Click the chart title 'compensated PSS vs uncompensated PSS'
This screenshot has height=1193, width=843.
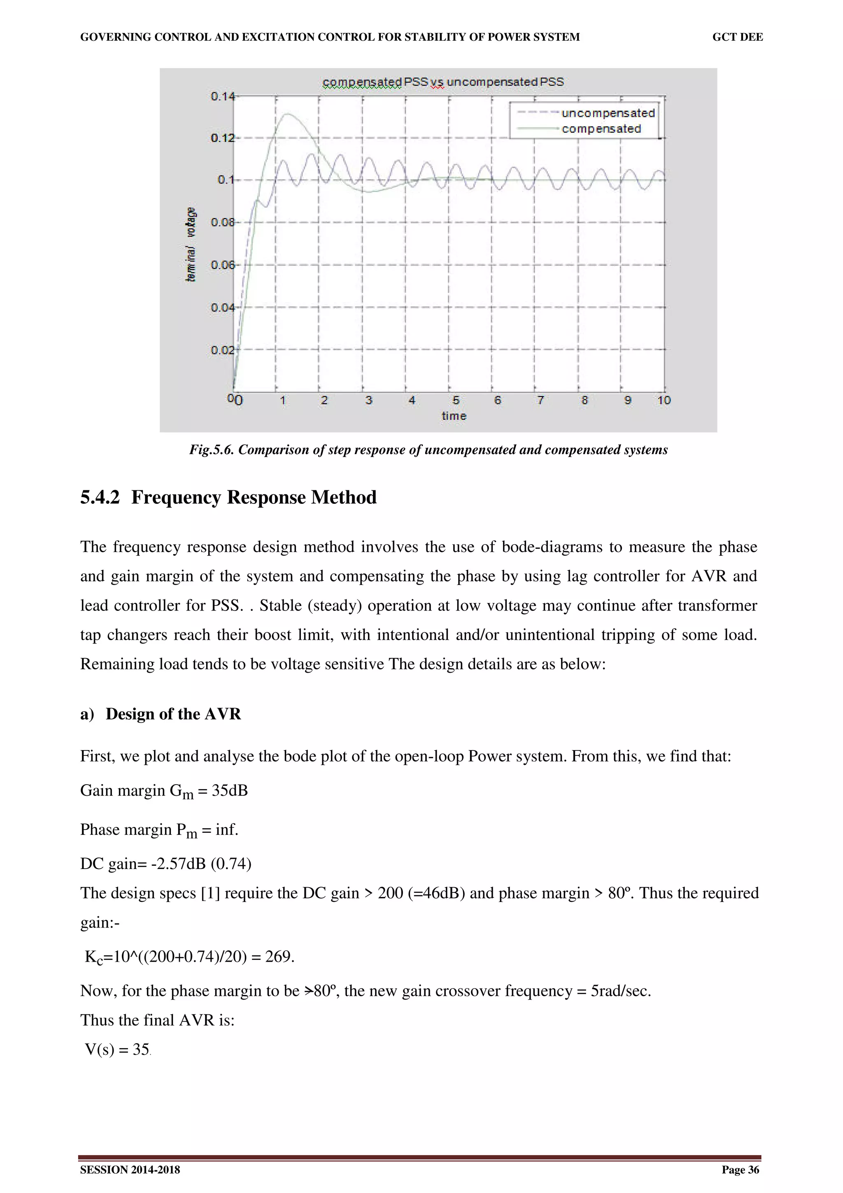(443, 82)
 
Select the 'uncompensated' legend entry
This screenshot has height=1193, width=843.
(608, 113)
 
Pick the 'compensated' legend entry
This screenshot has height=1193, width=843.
(601, 129)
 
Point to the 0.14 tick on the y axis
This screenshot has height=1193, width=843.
(222, 96)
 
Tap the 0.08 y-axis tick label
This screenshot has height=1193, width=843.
(222, 222)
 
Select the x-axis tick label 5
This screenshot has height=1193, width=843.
(456, 400)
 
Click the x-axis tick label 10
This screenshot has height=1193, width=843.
(664, 400)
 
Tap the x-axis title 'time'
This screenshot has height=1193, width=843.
(454, 416)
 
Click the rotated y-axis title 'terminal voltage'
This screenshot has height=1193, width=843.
(191, 244)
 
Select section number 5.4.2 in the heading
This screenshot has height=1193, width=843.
(100, 497)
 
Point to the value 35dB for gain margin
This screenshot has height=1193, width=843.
(230, 790)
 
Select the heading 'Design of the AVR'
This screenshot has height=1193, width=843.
(173, 714)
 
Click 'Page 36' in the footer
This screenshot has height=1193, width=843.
(740, 1170)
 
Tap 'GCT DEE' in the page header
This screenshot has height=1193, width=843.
(737, 37)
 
